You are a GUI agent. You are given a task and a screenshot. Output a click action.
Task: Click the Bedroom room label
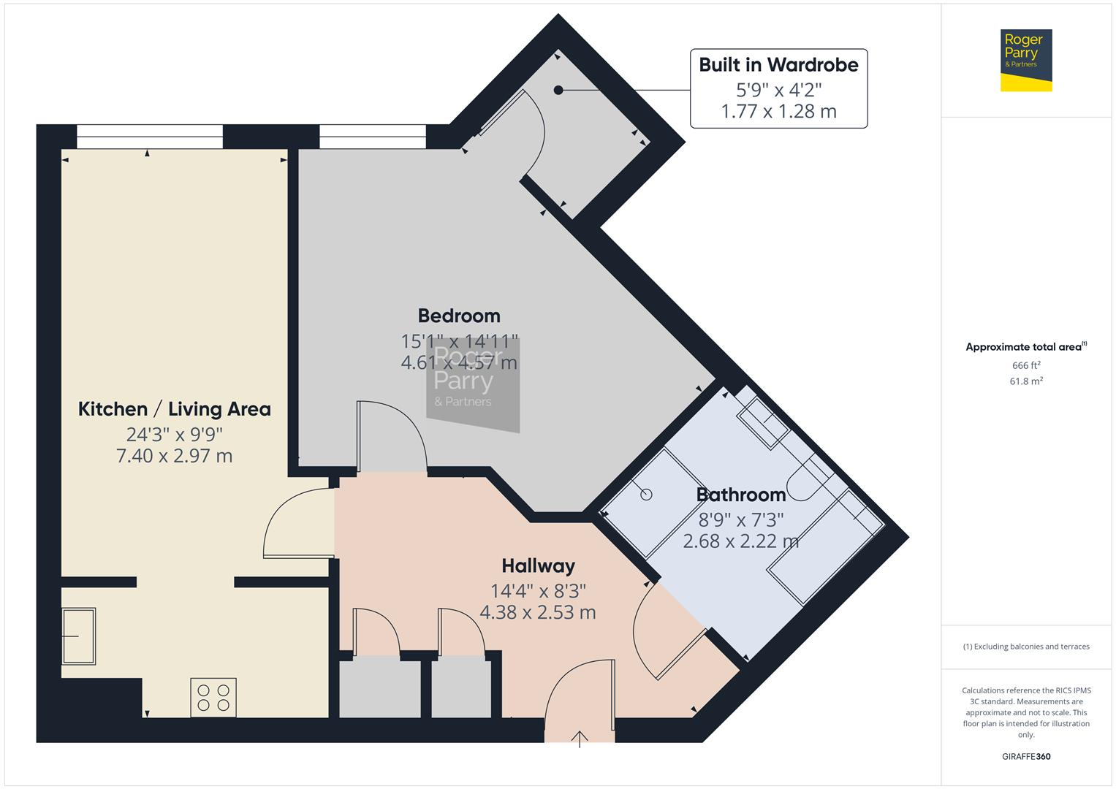(x=459, y=316)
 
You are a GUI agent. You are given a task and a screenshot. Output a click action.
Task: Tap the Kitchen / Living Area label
(x=175, y=409)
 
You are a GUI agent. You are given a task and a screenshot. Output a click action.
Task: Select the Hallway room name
(x=538, y=566)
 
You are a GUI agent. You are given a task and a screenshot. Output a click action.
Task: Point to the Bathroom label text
(x=740, y=495)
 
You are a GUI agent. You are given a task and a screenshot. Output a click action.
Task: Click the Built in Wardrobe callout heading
(x=778, y=65)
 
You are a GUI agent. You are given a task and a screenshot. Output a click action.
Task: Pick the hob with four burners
(x=213, y=698)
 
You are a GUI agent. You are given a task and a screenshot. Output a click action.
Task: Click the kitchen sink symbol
(x=78, y=636)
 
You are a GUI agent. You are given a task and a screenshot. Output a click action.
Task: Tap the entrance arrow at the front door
(x=580, y=739)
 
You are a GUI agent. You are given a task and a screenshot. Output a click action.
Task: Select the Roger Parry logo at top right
(x=1025, y=60)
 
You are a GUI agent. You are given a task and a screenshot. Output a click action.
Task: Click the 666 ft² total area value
(x=1025, y=365)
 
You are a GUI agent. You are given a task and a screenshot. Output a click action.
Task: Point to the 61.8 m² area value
(x=1025, y=381)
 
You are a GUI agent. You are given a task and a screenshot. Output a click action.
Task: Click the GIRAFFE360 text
(x=1025, y=756)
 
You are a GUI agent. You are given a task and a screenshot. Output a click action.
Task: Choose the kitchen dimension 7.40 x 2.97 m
(x=175, y=457)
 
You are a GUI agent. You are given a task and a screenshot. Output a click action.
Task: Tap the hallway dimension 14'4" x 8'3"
(x=538, y=590)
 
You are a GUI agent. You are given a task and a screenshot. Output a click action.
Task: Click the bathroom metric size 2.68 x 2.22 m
(x=740, y=541)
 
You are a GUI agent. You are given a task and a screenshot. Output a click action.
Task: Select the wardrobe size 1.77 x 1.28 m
(x=778, y=112)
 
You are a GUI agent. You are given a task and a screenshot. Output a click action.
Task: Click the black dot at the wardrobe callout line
(x=558, y=90)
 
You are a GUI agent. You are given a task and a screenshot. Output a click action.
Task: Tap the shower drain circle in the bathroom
(x=646, y=495)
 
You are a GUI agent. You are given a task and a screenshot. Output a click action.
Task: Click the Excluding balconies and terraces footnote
(x=1025, y=647)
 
